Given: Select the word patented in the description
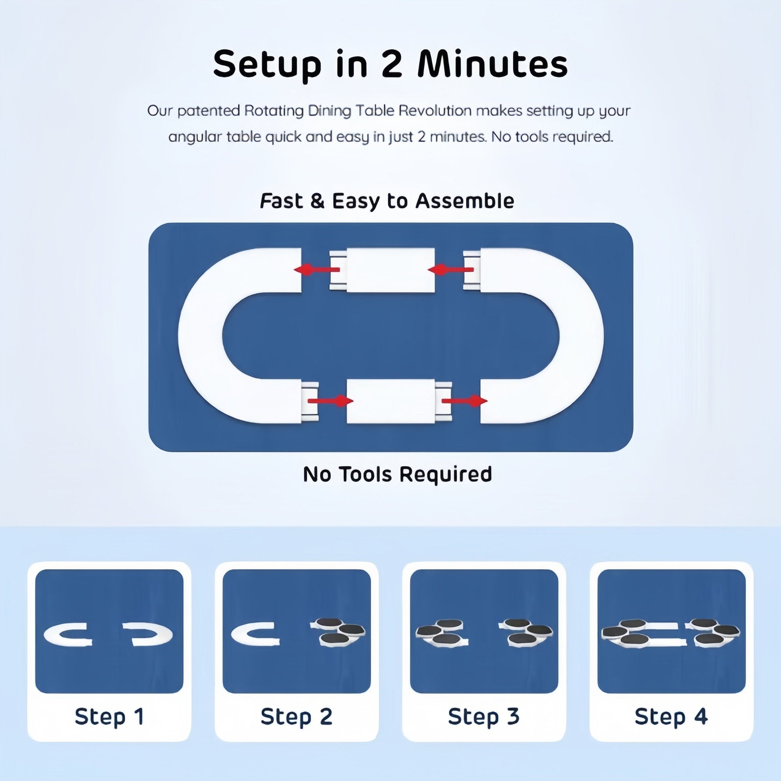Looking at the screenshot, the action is pos(209,110).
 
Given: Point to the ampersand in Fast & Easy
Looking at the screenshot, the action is pos(317,201).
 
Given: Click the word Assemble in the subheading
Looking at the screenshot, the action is pos(465,201).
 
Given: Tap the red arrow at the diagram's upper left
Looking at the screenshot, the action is pos(317,270).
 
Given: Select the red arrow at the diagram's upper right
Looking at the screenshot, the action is pos(450,270).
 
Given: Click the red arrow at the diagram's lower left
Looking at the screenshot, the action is pos(331,401).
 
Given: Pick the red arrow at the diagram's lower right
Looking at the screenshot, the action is pos(464,401).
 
